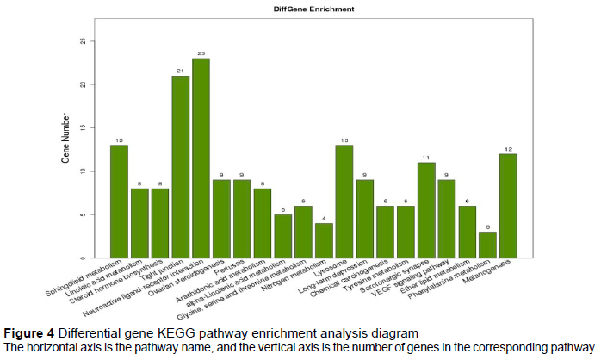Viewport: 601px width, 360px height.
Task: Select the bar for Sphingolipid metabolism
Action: click(119, 202)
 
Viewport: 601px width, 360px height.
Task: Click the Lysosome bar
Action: click(344, 202)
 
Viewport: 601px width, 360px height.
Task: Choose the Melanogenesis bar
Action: click(508, 206)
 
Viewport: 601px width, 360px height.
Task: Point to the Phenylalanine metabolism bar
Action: click(487, 245)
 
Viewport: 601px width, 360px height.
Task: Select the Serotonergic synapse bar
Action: click(426, 210)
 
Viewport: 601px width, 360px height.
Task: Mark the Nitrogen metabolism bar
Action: click(324, 240)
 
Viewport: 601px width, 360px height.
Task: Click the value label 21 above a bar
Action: click(181, 70)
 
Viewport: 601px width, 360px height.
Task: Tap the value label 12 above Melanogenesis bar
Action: click(508, 147)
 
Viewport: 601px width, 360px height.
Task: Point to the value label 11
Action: click(426, 156)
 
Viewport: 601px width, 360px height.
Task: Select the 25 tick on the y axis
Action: click(82, 41)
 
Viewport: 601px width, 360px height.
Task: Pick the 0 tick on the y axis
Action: click(82, 258)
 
